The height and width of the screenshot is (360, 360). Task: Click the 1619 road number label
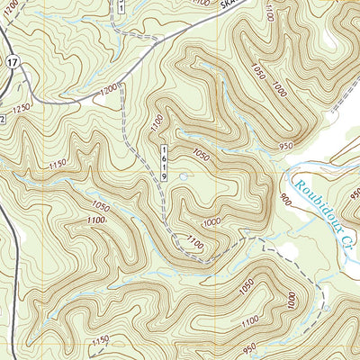(166, 163)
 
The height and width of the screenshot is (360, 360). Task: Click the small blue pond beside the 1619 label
(184, 177)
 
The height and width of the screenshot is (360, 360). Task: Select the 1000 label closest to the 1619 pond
(212, 222)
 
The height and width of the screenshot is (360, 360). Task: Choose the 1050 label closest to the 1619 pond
(200, 155)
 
